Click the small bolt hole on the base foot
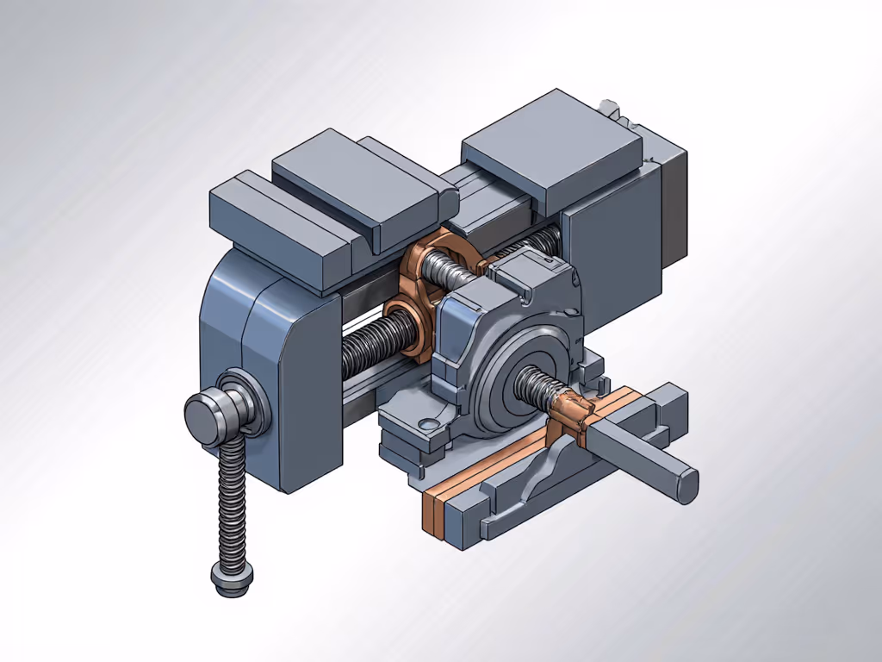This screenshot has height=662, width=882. coord(423,423)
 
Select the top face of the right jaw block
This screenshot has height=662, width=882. coord(551,151)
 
